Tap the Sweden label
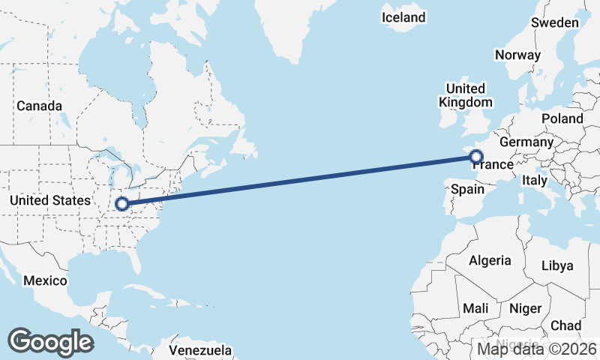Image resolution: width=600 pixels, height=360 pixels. pyautogui.click(x=555, y=22)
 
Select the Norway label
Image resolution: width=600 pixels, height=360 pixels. pyautogui.click(x=517, y=55)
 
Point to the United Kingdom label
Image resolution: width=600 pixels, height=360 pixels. pyautogui.click(x=465, y=95)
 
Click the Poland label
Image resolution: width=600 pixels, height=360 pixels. pyautogui.click(x=562, y=118)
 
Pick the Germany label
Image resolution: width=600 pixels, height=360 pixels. pyautogui.click(x=526, y=142)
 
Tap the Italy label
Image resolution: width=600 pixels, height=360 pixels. pyautogui.click(x=535, y=181)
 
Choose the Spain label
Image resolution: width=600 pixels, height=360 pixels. pyautogui.click(x=467, y=189)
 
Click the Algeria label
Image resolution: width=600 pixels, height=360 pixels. pyautogui.click(x=490, y=261)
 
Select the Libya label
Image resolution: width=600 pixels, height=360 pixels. pyautogui.click(x=556, y=265)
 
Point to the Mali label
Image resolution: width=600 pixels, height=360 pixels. pyautogui.click(x=475, y=308)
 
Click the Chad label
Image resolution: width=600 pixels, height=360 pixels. pyautogui.click(x=565, y=325)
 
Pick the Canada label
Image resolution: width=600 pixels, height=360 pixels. pyautogui.click(x=39, y=106)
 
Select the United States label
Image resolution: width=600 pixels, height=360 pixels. pyautogui.click(x=49, y=200)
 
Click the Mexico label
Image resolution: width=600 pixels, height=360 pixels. pyautogui.click(x=44, y=280)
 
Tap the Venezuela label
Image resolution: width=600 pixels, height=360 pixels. pyautogui.click(x=199, y=350)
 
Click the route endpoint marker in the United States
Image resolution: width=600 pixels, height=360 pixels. pyautogui.click(x=121, y=203)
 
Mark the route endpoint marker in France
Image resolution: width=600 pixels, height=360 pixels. pyautogui.click(x=475, y=157)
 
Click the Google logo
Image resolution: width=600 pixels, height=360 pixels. pyautogui.click(x=50, y=341)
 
